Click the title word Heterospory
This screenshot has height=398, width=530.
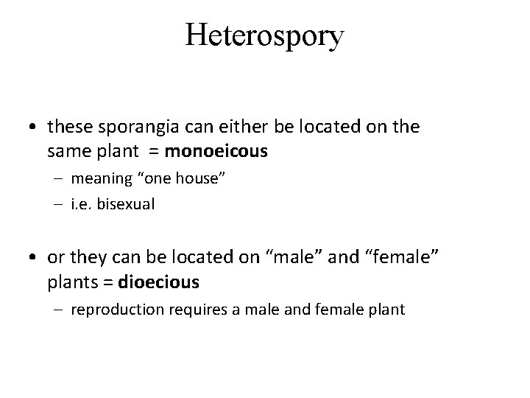point(264,36)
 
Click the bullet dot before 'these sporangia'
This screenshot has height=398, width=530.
point(35,128)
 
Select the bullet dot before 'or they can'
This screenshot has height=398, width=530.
point(35,257)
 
